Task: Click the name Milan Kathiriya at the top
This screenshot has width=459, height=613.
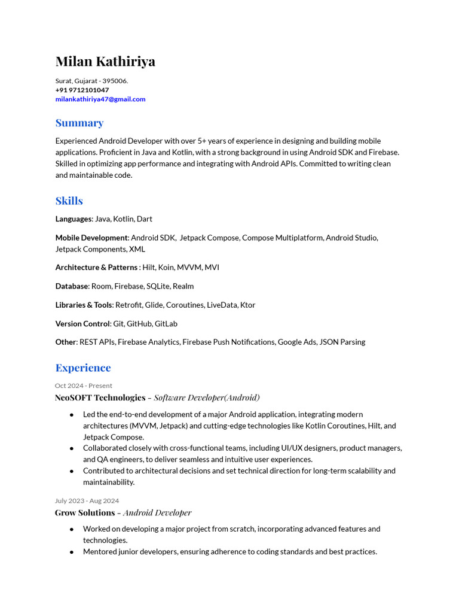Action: coord(105,62)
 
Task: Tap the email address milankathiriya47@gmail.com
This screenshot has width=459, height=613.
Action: coord(100,99)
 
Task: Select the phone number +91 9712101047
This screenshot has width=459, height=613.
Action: coord(82,90)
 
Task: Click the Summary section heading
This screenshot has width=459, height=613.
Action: coord(79,123)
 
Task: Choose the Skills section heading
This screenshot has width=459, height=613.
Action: coord(69,201)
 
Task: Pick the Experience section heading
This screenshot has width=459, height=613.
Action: coord(83,368)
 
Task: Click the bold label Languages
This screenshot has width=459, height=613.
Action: coord(74,219)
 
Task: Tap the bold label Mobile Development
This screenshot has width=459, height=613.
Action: coord(91,238)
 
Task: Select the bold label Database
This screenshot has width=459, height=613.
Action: coord(72,286)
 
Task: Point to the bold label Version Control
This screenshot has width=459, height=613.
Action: coord(82,324)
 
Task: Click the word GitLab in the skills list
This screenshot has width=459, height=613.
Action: coord(166,324)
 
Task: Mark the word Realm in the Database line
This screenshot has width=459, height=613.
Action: coord(183,286)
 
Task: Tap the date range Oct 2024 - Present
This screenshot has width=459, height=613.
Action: coord(84,386)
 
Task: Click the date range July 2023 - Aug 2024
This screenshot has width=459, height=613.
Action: coord(87,500)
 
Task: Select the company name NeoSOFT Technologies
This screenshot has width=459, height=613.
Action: coord(100,397)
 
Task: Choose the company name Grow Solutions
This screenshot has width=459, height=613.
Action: coord(85,512)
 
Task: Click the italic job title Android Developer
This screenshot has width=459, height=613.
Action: coord(157,512)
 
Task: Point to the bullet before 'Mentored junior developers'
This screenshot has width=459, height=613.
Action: coord(72,552)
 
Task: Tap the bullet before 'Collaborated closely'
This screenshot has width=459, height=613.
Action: coord(72,448)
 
